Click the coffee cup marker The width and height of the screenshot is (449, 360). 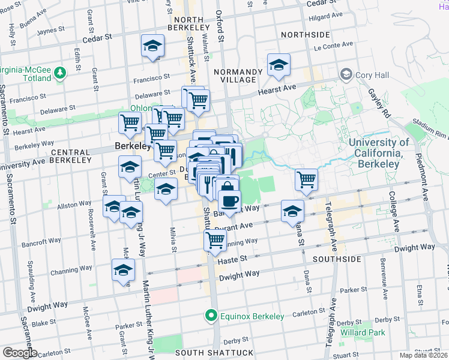(x=228, y=200)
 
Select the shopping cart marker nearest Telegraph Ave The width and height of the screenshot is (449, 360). (x=307, y=179)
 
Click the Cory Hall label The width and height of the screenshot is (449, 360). (x=367, y=75)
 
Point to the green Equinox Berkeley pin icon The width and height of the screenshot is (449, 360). (x=211, y=315)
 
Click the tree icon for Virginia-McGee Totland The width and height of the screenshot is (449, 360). (x=59, y=73)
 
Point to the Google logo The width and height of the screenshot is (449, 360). (x=19, y=353)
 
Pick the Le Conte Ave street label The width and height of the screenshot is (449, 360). (x=333, y=45)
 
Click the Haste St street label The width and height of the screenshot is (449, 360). (x=232, y=258)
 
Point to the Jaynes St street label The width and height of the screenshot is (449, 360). (x=51, y=31)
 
